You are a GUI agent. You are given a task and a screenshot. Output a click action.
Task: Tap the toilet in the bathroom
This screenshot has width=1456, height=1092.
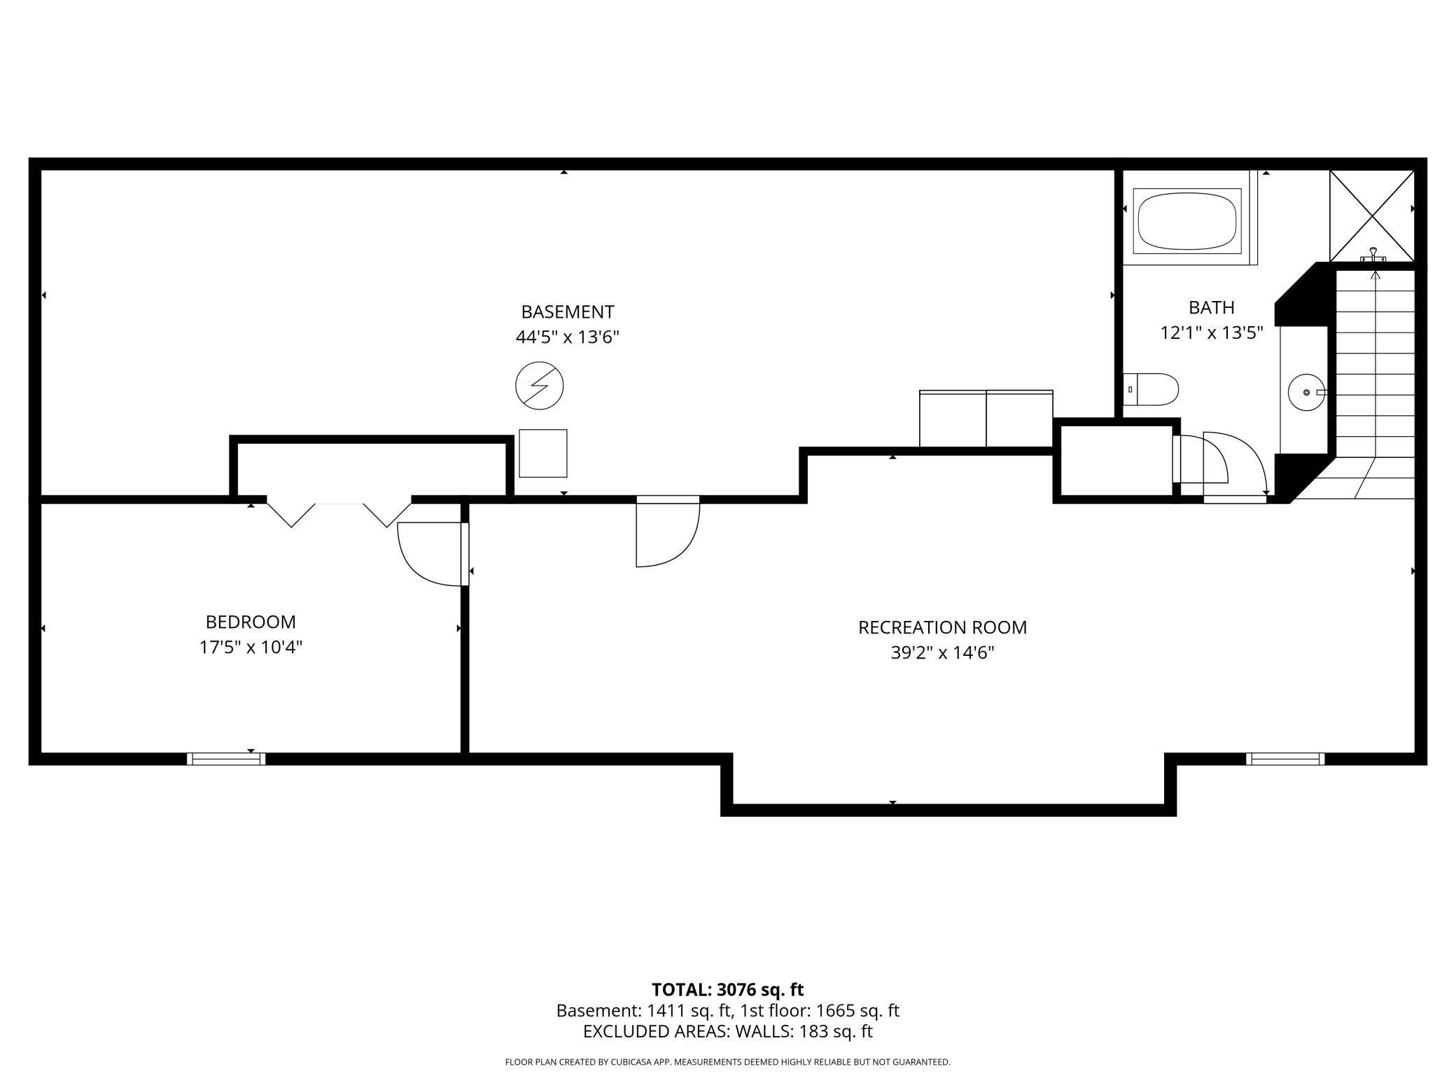coord(1154,389)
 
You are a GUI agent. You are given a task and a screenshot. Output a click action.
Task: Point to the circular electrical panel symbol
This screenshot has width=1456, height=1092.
coord(539,386)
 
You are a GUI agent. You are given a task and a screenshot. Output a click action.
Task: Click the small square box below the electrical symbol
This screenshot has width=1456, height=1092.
coord(542,454)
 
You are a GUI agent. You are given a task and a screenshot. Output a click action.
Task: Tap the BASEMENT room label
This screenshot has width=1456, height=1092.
coord(567,311)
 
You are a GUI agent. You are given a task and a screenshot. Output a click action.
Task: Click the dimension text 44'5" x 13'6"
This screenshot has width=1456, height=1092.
coord(567,337)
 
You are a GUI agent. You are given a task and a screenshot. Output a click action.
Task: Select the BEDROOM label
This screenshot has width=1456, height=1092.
coord(251,622)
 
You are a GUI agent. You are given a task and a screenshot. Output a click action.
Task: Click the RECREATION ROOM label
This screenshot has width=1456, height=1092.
coord(942,627)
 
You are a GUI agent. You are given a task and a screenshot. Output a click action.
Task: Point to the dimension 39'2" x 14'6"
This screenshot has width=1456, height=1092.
coord(942,653)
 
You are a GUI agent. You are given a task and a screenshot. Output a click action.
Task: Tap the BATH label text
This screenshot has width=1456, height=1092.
coord(1211,307)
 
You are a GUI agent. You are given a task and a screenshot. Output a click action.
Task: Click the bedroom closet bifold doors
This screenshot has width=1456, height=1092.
coord(339,512)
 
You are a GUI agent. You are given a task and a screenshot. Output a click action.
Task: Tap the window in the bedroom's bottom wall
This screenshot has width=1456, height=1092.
coord(226,759)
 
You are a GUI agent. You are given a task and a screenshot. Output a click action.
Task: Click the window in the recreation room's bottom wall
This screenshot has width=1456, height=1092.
coord(1284,759)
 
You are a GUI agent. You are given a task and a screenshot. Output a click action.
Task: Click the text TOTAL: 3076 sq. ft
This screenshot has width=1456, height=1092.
coord(727,990)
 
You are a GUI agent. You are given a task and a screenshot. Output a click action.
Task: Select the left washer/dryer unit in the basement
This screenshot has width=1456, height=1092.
coord(952,419)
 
